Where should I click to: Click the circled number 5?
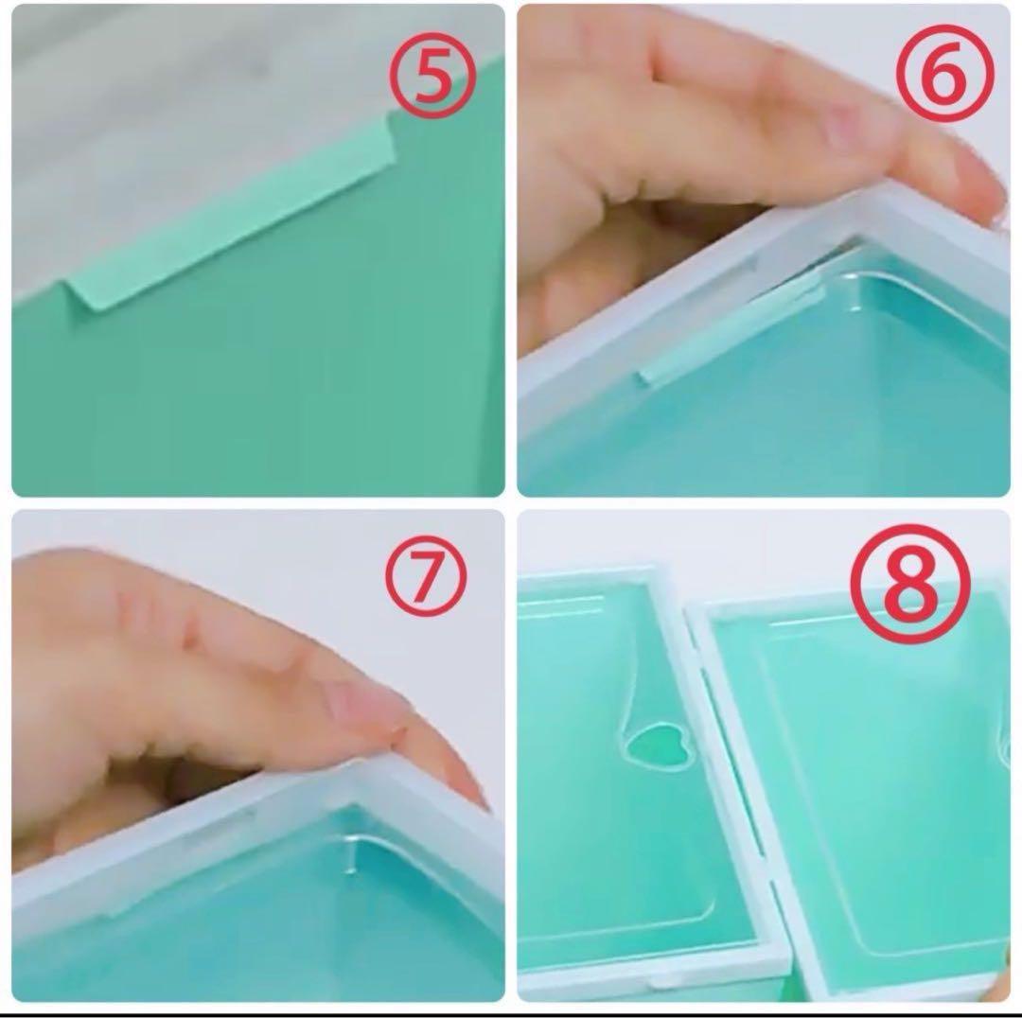pos(432,77)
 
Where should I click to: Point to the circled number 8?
pos(911,584)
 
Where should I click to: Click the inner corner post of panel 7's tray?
pos(352,851)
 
